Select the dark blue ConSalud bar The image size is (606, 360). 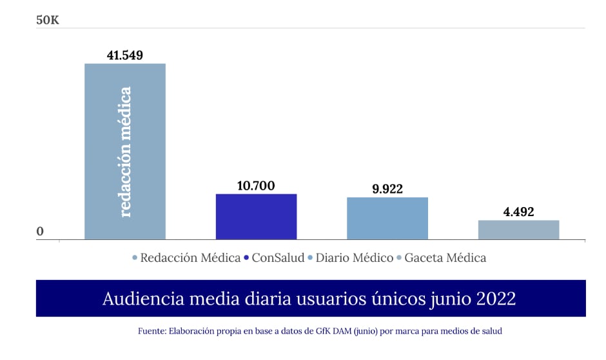(x=256, y=217)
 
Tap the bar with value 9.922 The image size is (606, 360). (x=387, y=219)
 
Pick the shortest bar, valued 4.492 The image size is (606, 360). (x=518, y=230)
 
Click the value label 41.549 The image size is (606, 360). (x=124, y=55)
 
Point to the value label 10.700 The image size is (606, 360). (x=256, y=186)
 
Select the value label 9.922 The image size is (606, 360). (x=387, y=189)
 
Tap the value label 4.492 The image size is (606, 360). (x=518, y=212)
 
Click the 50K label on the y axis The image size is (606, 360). (x=48, y=21)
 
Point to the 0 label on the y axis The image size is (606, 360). (x=40, y=232)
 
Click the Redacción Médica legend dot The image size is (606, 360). (x=135, y=258)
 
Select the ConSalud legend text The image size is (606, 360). (x=278, y=257)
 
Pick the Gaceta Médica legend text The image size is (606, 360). (x=445, y=257)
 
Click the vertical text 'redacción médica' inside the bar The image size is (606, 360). (x=125, y=152)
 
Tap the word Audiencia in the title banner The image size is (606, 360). (x=137, y=299)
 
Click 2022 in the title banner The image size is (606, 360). (x=496, y=299)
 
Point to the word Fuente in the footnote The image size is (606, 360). (x=151, y=331)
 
